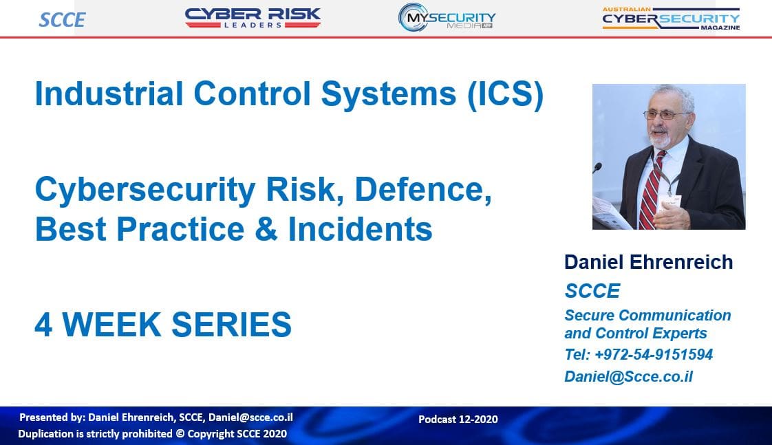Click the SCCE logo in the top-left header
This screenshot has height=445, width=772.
(x=62, y=20)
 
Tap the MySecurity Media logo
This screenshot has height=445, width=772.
(x=447, y=18)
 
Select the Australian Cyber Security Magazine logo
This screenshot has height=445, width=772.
(x=671, y=19)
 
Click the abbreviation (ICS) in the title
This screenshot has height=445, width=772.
(x=505, y=94)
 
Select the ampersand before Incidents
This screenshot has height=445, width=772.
(x=266, y=229)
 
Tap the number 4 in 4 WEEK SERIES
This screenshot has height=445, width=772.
(x=44, y=325)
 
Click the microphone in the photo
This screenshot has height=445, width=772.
(x=597, y=167)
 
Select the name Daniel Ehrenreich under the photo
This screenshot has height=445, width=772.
(x=648, y=262)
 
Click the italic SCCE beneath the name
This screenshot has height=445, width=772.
(x=592, y=291)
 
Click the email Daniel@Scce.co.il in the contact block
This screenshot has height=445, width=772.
(x=628, y=376)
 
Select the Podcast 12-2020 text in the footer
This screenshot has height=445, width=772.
(x=458, y=419)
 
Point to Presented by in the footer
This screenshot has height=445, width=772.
(x=52, y=417)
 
